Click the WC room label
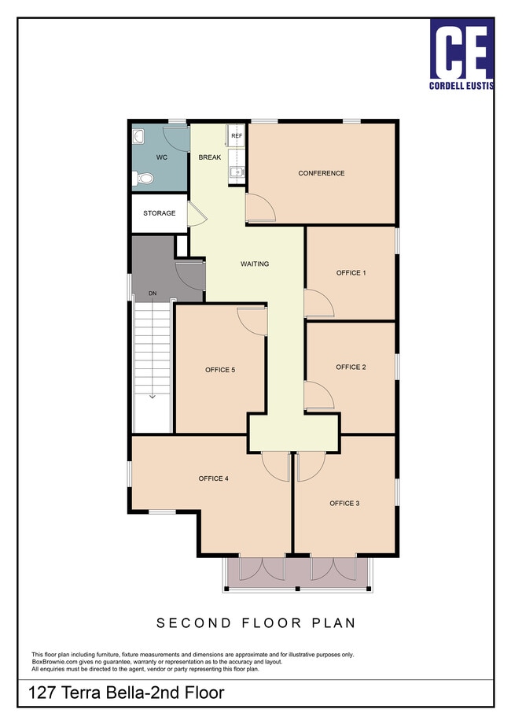(161, 157)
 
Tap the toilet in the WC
(142, 178)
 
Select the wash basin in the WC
(138, 135)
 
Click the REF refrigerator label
(237, 135)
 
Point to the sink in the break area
(237, 172)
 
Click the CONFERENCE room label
(322, 173)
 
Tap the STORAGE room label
(159, 212)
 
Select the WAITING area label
(255, 264)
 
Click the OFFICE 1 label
(351, 273)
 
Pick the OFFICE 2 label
(351, 367)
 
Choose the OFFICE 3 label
(344, 504)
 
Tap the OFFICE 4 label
(214, 478)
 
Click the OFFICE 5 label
(220, 370)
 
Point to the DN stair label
(153, 294)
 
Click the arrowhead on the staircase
(153, 396)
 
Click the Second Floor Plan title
(256, 623)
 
